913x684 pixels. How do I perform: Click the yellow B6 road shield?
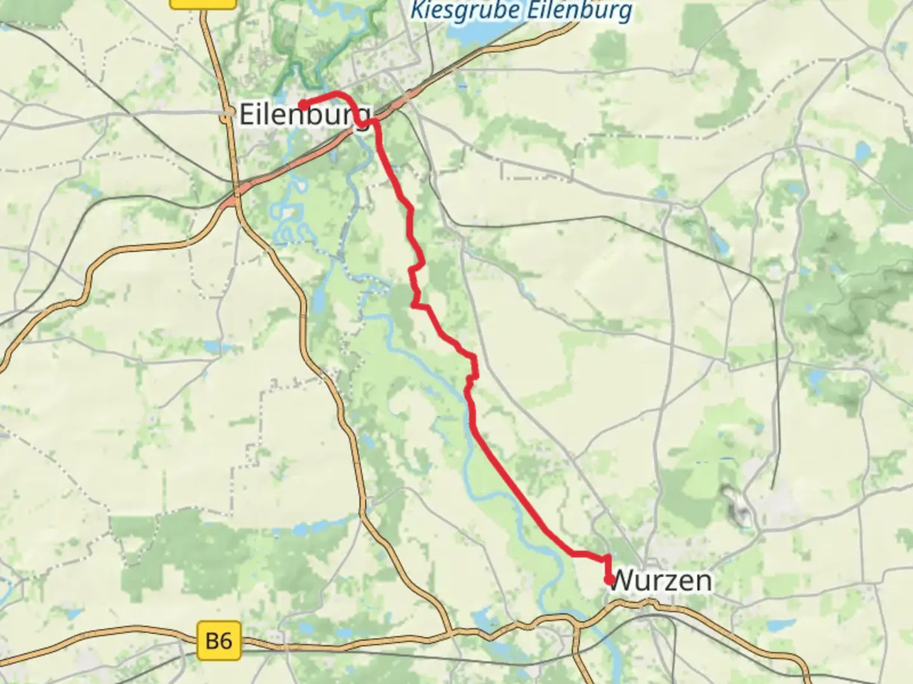point(219,641)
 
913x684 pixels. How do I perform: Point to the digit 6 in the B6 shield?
point(225,641)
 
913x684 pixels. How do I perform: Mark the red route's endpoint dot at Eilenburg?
point(304,105)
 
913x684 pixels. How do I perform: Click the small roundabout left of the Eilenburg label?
point(228,116)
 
